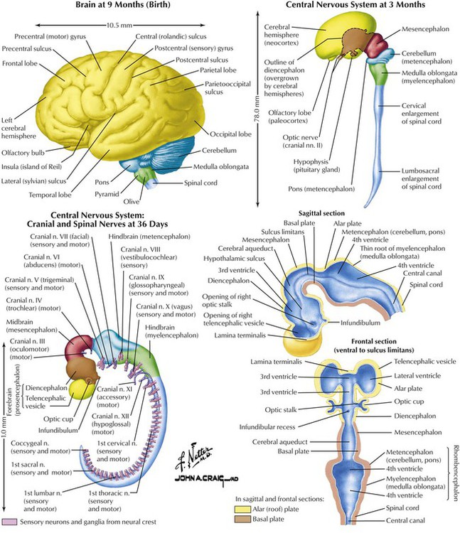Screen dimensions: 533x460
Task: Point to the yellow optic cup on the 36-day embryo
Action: [x=80, y=390]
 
